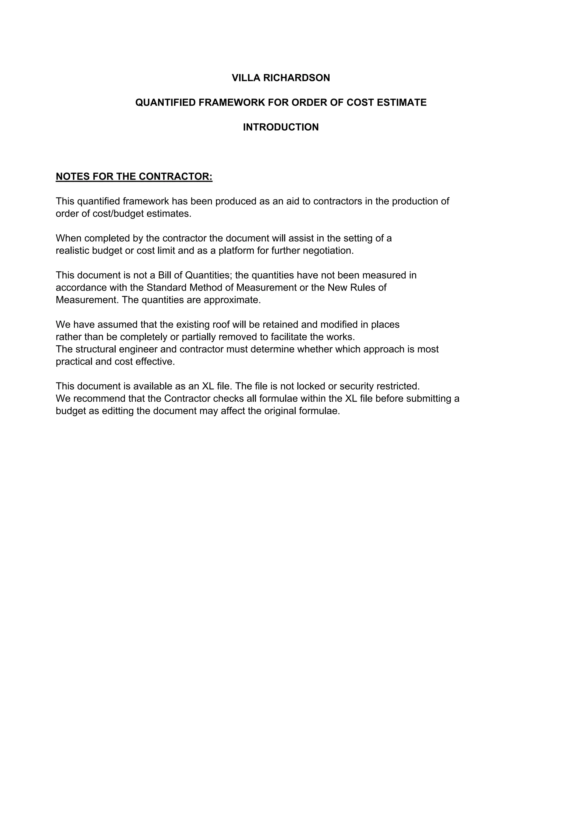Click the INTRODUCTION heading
pyautogui.click(x=281, y=127)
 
